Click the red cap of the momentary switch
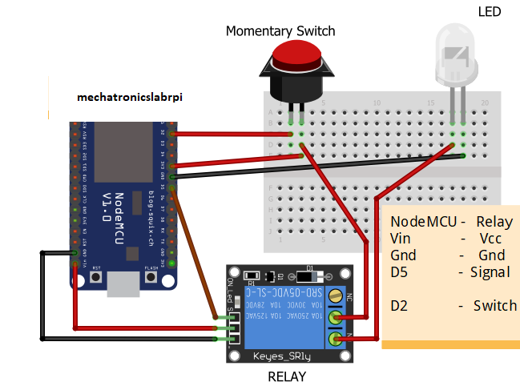(296, 55)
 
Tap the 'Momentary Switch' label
(280, 31)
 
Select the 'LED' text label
(489, 11)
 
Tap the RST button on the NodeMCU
(97, 277)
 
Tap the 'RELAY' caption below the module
(287, 376)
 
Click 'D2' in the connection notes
(400, 306)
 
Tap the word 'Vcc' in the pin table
(490, 239)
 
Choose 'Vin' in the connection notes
(400, 239)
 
